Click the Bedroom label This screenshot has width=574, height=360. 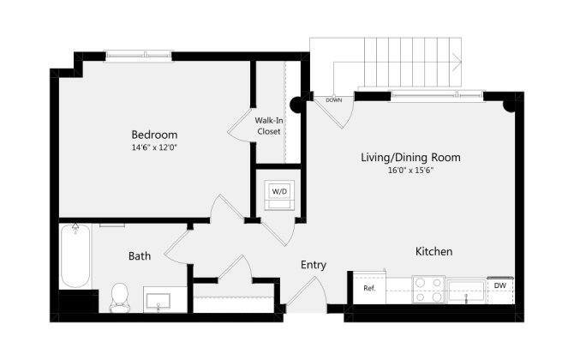coord(154,135)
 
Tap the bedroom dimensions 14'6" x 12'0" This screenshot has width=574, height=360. coord(154,147)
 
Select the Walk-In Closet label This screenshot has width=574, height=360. coord(269,125)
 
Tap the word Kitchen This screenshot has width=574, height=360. coord(433,251)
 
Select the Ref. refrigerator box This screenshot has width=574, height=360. coord(370,289)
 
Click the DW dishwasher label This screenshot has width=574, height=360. coord(499,285)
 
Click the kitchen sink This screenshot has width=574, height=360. coord(467,291)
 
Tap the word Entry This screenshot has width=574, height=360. coord(313,265)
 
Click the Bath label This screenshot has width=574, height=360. coord(141,255)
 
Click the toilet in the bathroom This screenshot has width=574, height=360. coord(119,297)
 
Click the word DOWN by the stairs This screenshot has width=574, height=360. coord(334,100)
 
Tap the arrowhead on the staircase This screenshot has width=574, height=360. coord(460,60)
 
